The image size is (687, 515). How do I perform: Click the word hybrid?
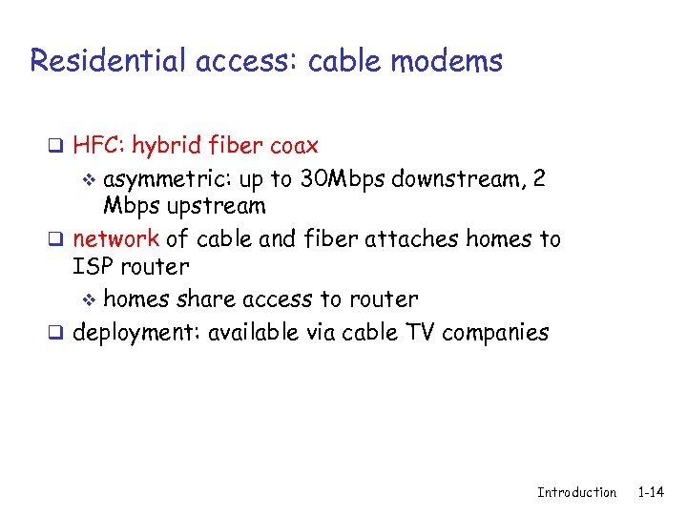click(165, 147)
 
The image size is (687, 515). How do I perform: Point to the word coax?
click(294, 147)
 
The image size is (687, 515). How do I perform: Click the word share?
click(207, 299)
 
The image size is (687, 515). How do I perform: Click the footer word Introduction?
click(576, 493)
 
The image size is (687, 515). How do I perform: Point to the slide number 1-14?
click(651, 493)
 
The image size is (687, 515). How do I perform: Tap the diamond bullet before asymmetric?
click(92, 179)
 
